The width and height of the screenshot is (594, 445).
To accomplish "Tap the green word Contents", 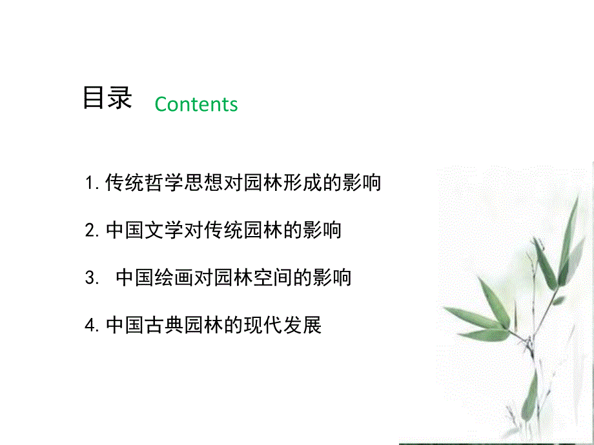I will coord(196,104).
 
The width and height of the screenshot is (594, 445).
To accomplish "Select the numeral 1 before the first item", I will coord(90,184).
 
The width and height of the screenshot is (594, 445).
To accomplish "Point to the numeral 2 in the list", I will coord(90,231).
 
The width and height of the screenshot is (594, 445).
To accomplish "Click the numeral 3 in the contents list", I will coord(90,279).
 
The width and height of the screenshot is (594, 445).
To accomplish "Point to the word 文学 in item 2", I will coord(165,230).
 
